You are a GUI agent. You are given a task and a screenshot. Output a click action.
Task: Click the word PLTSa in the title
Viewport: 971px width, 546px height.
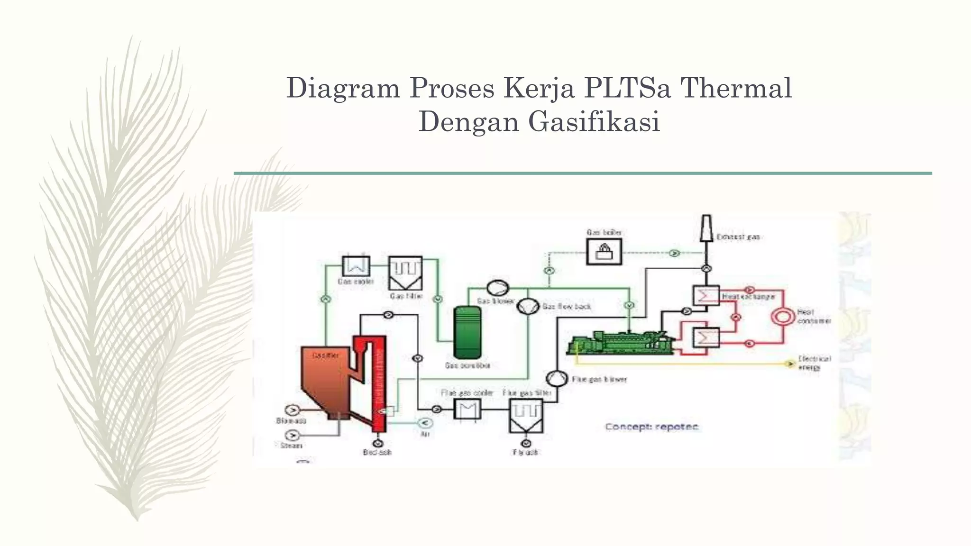pyautogui.click(x=628, y=88)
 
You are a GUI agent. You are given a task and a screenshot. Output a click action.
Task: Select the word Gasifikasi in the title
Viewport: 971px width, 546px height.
pyautogui.click(x=594, y=121)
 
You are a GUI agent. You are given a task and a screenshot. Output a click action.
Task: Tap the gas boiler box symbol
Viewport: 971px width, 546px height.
pyautogui.click(x=604, y=251)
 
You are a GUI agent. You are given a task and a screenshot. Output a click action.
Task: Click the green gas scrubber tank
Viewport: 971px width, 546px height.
pyautogui.click(x=467, y=332)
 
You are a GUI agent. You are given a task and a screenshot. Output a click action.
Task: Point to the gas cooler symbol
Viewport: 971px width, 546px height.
pyautogui.click(x=356, y=266)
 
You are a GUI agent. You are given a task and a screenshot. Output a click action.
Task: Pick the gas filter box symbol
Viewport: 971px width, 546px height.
pyautogui.click(x=405, y=273)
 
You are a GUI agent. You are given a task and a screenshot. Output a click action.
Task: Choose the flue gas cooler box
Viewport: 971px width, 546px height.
pyautogui.click(x=467, y=409)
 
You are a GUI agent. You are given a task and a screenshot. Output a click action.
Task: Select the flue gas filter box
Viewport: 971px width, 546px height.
pyautogui.click(x=526, y=415)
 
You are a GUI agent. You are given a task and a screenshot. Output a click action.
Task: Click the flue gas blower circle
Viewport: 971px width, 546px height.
pyautogui.click(x=557, y=378)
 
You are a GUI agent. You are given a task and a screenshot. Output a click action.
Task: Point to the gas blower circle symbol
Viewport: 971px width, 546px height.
pyautogui.click(x=497, y=288)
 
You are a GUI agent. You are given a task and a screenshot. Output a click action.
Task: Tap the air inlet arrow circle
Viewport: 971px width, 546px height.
pyautogui.click(x=424, y=422)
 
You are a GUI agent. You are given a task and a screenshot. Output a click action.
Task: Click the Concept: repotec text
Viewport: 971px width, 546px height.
pyautogui.click(x=651, y=427)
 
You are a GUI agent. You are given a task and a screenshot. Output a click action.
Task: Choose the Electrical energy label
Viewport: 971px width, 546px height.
pyautogui.click(x=814, y=363)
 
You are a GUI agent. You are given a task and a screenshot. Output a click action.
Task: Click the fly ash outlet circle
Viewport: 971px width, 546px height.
pyautogui.click(x=526, y=443)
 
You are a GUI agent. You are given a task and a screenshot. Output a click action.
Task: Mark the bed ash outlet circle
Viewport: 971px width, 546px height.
pyautogui.click(x=378, y=443)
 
